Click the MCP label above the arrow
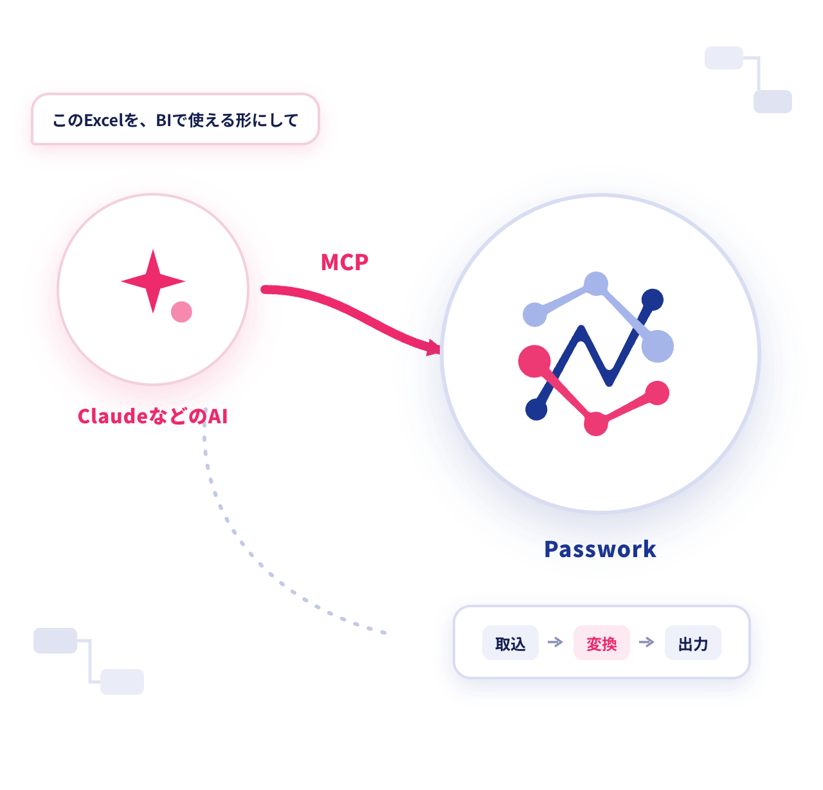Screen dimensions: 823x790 click(x=344, y=262)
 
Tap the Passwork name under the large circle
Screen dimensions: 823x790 click(x=600, y=549)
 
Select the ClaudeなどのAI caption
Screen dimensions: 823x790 click(x=152, y=416)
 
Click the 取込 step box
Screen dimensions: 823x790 click(x=510, y=642)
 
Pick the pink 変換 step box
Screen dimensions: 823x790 click(x=601, y=642)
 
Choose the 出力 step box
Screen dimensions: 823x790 click(x=692, y=642)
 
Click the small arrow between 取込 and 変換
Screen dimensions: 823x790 click(x=556, y=642)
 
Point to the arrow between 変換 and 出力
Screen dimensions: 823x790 click(x=647, y=642)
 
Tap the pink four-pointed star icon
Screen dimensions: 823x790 click(x=153, y=281)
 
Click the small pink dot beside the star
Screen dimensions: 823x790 click(x=181, y=312)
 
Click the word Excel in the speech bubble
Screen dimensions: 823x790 click(x=104, y=120)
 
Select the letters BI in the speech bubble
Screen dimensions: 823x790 click(x=164, y=120)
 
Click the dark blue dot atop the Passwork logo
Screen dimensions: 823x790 click(x=652, y=300)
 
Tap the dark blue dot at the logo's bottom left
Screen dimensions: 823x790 click(x=536, y=409)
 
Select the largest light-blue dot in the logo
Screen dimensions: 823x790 click(x=657, y=346)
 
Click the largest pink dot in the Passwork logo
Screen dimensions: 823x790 click(x=534, y=361)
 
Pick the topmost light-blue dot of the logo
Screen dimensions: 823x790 click(x=596, y=284)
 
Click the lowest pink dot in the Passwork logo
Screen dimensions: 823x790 click(x=596, y=423)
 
